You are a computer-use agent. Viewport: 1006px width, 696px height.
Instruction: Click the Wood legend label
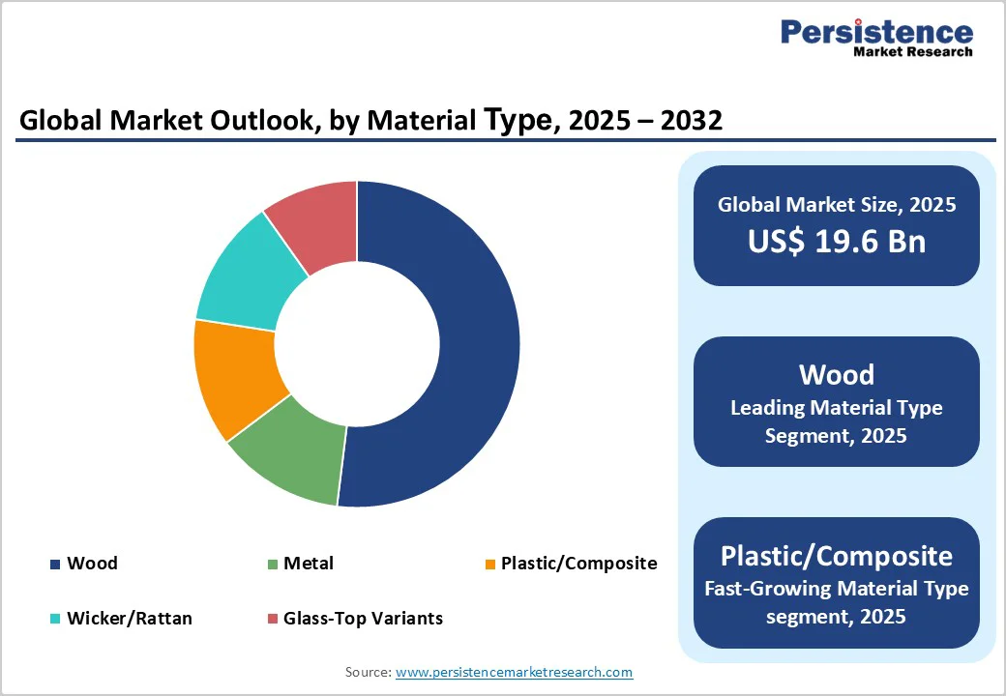[92, 564]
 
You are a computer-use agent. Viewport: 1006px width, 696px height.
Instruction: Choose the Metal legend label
[309, 564]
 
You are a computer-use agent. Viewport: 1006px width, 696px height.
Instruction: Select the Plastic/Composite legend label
[578, 564]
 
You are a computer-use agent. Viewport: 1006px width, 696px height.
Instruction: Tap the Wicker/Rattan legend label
[129, 619]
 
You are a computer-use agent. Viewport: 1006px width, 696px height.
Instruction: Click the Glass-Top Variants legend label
[363, 619]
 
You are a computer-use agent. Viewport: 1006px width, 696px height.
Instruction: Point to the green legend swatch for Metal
[273, 565]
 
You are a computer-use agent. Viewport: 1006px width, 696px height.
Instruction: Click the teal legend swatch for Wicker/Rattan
[55, 619]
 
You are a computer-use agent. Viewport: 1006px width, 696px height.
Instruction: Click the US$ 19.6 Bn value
[836, 242]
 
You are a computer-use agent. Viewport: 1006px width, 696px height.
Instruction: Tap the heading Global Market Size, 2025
[836, 205]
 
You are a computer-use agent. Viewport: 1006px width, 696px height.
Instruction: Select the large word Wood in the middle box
[836, 375]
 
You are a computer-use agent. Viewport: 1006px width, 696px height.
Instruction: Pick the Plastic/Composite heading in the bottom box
[836, 556]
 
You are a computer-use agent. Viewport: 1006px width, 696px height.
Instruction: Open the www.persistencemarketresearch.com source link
[514, 672]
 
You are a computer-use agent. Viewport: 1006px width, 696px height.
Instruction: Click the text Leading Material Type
[836, 408]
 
